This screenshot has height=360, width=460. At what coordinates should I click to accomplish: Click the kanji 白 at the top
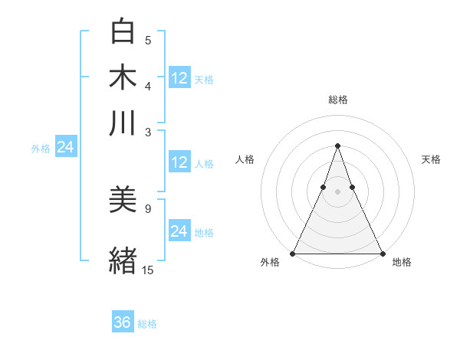[123, 32]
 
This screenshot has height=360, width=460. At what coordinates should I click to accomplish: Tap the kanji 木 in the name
[123, 77]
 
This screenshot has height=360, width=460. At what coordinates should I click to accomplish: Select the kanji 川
[123, 123]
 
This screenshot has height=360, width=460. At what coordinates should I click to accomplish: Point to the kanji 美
[123, 200]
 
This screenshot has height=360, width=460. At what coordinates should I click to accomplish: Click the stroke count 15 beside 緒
[147, 270]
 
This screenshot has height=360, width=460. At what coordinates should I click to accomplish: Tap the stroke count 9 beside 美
[147, 208]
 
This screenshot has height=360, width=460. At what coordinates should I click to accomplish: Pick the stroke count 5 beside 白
[148, 41]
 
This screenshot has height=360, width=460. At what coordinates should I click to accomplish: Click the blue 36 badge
[123, 323]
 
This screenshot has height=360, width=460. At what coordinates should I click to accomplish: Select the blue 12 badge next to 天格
[179, 77]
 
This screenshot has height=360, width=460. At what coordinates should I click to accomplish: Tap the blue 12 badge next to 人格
[179, 162]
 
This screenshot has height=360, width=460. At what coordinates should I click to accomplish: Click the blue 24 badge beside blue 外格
[65, 147]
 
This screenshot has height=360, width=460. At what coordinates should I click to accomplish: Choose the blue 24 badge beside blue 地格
[179, 231]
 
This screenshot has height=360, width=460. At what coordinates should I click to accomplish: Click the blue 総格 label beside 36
[147, 324]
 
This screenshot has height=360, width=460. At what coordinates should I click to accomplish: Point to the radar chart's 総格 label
[337, 100]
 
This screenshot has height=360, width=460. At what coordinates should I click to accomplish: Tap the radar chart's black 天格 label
[431, 159]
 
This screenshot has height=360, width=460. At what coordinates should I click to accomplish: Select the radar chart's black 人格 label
[245, 159]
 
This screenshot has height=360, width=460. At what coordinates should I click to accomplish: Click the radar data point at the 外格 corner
[294, 254]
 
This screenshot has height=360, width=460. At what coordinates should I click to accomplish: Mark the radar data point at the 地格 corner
[382, 254]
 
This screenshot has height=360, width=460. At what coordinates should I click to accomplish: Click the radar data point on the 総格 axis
[337, 146]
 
